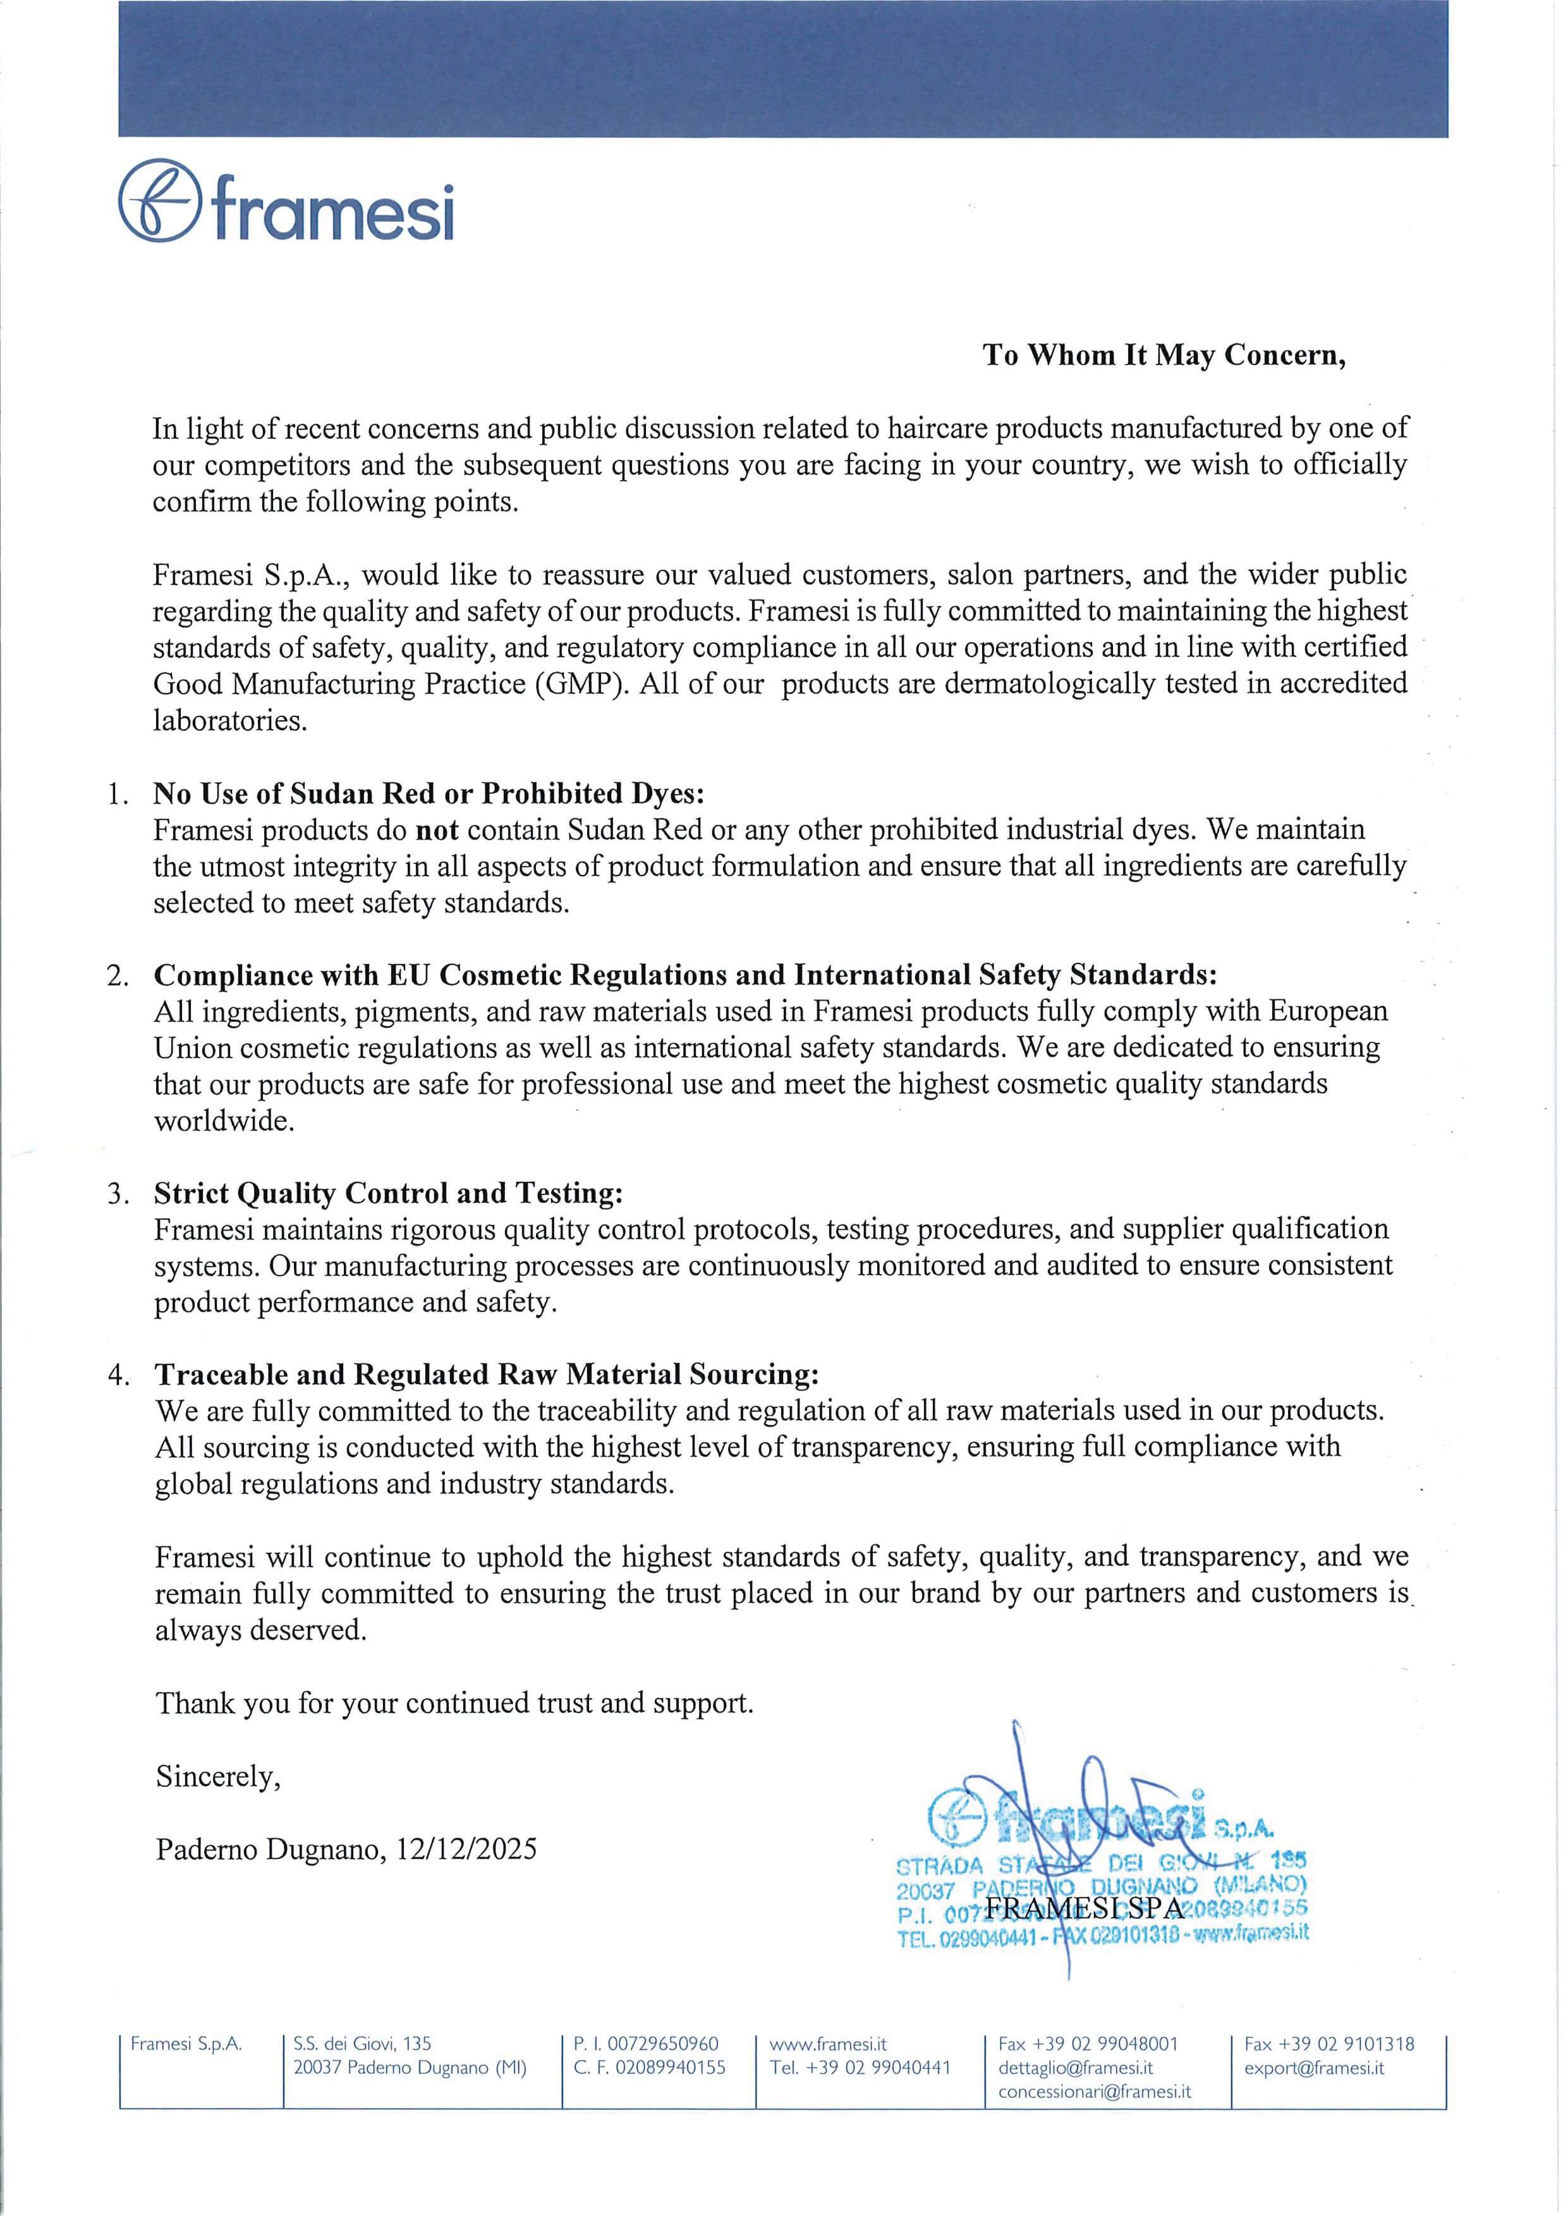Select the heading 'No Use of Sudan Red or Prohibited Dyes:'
428,793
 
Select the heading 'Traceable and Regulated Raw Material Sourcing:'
487,1375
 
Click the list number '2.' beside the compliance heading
118,976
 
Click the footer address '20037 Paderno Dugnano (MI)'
410,2068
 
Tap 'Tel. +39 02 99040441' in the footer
860,2068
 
